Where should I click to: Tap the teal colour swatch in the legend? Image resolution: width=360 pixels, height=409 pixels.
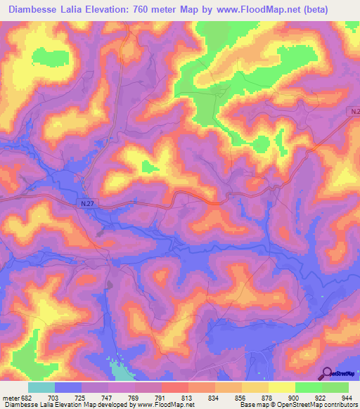(41, 387)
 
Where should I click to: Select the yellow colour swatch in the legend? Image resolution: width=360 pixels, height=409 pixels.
(282, 387)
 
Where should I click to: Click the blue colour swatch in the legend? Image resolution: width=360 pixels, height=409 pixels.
(68, 387)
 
